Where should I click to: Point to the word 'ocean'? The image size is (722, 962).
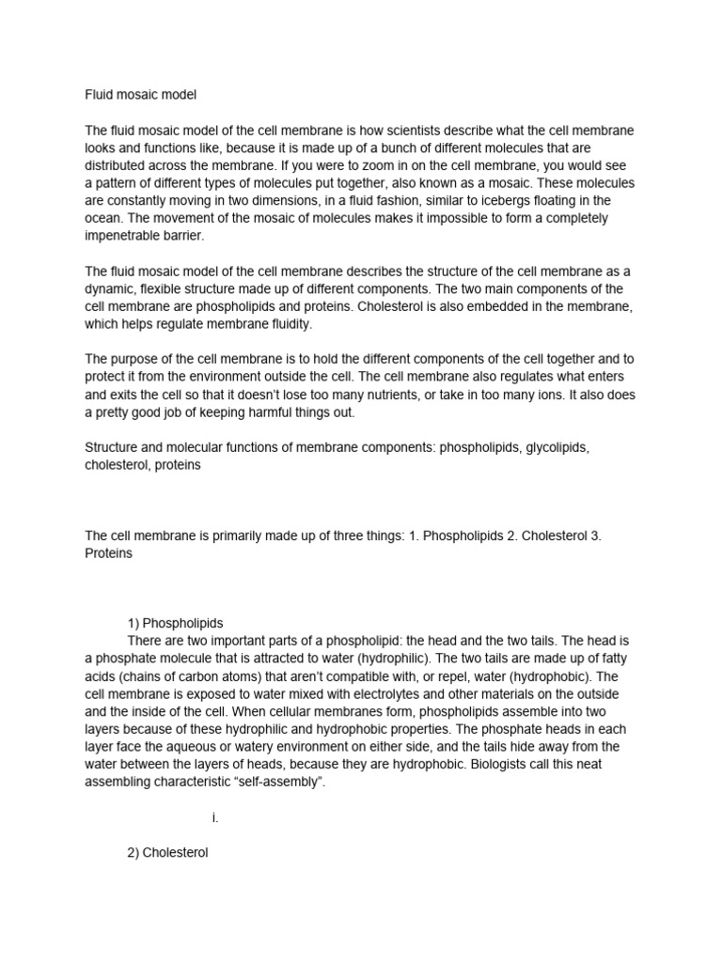[104, 218]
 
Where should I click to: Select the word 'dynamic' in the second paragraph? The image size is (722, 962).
[110, 288]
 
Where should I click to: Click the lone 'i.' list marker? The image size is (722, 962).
[215, 817]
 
